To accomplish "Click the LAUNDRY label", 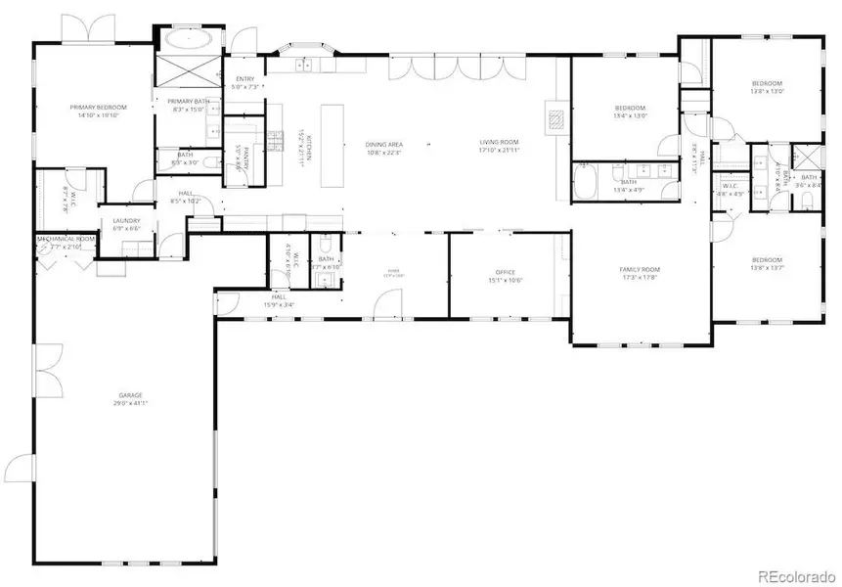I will coord(127,221).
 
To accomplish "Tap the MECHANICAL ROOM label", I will coord(66,239).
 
